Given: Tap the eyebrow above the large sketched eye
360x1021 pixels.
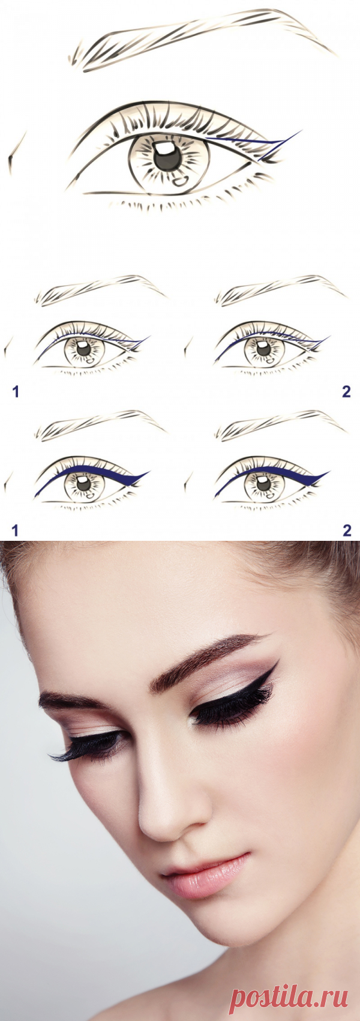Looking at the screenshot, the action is point(200,39).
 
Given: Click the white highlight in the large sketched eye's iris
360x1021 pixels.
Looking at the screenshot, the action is point(163,148).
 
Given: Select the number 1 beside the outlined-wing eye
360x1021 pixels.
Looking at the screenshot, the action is point(16,391).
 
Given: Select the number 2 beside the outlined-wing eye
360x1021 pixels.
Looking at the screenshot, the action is point(346,391).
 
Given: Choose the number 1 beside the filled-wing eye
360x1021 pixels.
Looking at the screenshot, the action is point(16,530).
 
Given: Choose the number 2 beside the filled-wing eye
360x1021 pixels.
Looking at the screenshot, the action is point(347,530).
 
